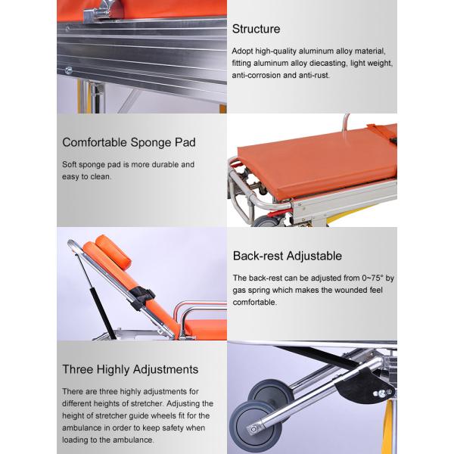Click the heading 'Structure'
point(256,30)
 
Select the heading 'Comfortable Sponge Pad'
point(129,142)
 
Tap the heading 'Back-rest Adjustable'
point(287,256)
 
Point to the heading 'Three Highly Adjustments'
point(130,369)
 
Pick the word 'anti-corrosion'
point(260,76)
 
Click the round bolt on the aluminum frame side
point(69,71)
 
